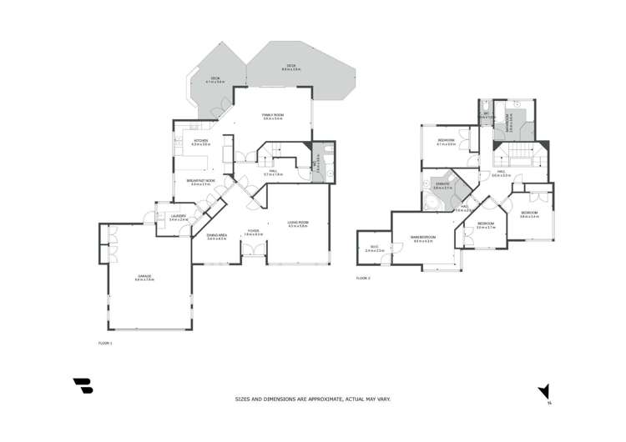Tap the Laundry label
[178, 218]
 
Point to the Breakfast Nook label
[203, 182]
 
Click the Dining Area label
[217, 237]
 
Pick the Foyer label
[253, 233]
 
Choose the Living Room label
[298, 224]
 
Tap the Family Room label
[273, 117]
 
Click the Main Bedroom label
[423, 239]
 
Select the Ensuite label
[442, 185]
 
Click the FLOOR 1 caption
[104, 343]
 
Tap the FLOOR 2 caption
[362, 278]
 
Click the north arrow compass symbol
[544, 391]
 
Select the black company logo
[83, 386]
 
